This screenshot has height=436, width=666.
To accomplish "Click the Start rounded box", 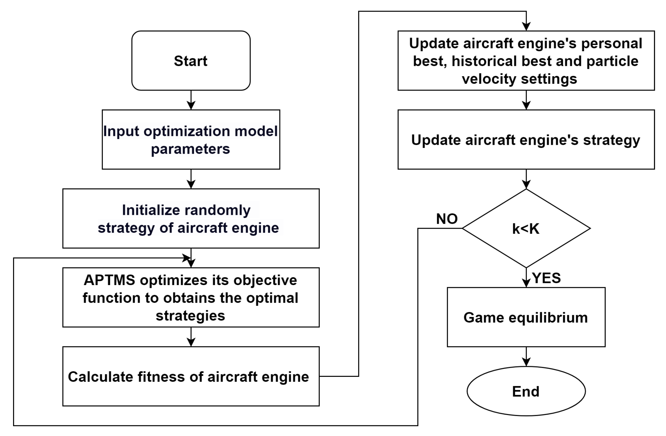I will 191,61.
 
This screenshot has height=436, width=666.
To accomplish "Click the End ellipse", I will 526,391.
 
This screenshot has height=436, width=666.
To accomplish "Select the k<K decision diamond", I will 526,228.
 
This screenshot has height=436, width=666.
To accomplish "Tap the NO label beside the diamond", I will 447,219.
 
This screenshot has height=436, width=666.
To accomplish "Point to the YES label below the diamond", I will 546,278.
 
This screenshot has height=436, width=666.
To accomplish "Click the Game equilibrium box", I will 526,317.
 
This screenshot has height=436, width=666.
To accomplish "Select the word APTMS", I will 109,280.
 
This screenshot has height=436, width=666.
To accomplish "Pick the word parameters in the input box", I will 191,149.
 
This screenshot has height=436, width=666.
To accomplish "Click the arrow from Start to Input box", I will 191,100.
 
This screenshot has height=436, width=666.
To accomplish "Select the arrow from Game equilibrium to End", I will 526,357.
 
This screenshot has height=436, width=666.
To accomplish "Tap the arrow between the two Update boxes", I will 526,100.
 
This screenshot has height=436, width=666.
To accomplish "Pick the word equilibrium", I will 548,318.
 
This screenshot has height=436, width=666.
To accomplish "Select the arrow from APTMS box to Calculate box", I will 191,337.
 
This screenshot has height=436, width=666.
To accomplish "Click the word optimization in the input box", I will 187,131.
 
